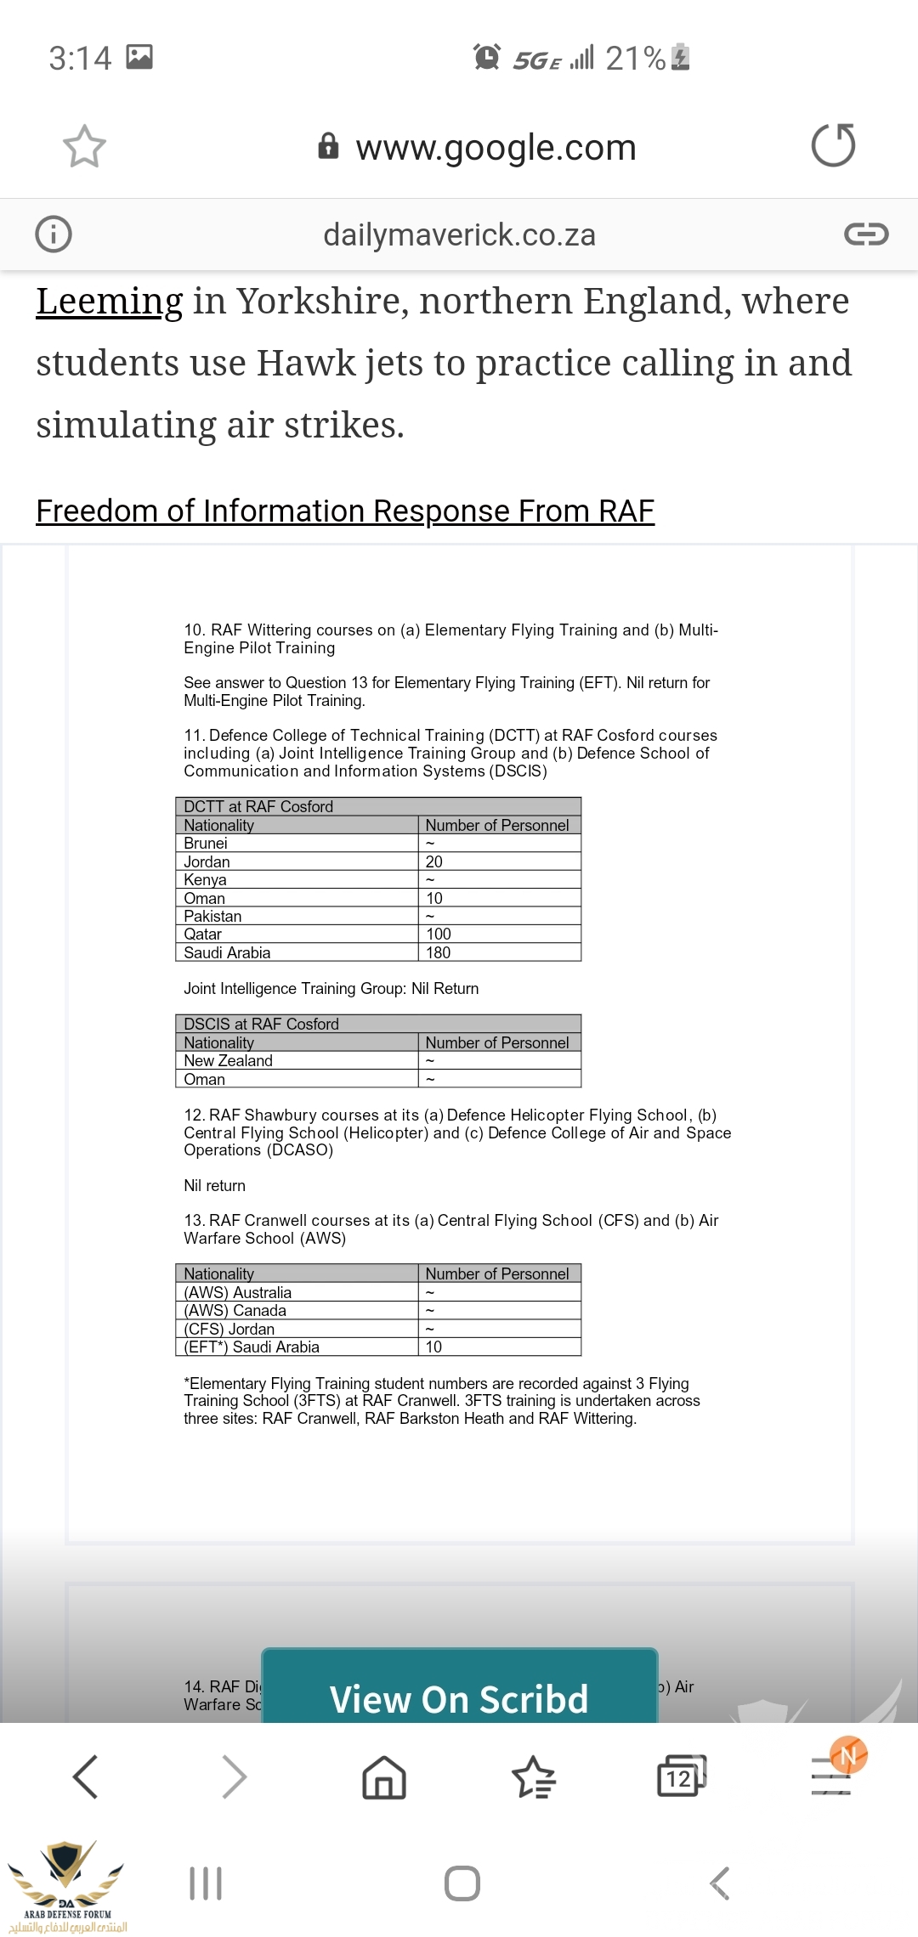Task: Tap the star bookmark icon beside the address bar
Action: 84,146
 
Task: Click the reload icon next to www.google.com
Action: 833,145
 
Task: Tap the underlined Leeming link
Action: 109,302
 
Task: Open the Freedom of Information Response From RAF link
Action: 345,511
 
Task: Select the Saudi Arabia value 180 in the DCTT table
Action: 439,952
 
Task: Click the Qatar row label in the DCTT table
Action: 203,935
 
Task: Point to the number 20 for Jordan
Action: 434,861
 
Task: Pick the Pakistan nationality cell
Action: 212,916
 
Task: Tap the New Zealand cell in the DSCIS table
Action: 229,1060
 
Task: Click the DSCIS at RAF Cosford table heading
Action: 262,1024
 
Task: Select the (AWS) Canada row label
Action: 235,1310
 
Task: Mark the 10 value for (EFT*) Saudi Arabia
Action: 434,1347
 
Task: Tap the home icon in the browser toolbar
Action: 384,1777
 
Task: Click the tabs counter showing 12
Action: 680,1777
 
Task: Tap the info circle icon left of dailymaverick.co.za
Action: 54,234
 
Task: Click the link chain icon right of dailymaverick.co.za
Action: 866,234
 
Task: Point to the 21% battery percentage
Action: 635,58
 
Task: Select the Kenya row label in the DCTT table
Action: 206,879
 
